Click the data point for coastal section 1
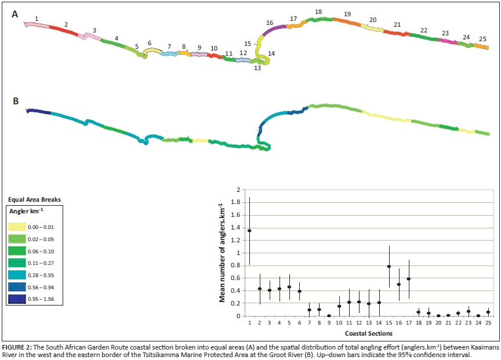point(249,231)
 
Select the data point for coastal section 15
point(389,267)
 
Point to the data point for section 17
point(409,279)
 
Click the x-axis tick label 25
point(488,322)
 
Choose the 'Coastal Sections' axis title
point(368,333)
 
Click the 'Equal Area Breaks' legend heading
point(33,199)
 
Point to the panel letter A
point(15,14)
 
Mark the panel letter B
point(16,101)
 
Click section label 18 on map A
point(318,12)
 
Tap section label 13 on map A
point(257,68)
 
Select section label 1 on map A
point(37,19)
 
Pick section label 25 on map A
point(482,39)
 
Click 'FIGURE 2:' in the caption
point(19,346)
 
